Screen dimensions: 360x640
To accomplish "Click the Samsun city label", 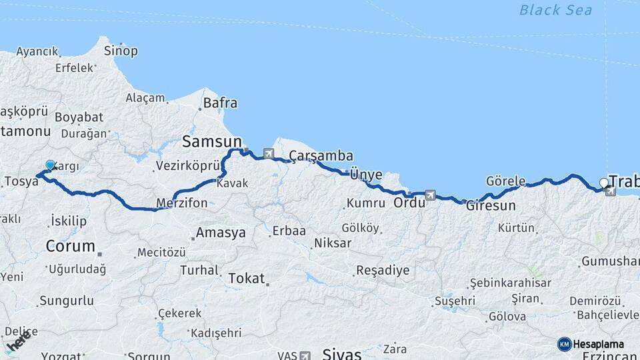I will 212,141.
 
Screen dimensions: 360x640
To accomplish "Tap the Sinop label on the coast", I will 121,51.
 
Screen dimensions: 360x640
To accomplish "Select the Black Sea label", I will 555,9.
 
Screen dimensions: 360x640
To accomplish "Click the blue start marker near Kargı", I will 51,165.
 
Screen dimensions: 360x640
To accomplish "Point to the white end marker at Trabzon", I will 604,182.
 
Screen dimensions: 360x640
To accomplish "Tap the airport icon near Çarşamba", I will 268,153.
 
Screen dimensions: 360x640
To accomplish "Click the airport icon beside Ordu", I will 431,195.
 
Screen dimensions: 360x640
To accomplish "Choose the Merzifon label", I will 181,203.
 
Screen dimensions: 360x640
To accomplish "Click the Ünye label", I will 366,175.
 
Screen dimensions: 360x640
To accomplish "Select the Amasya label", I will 220,233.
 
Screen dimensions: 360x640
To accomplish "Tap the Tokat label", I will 246,278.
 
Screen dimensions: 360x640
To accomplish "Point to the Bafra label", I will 220,103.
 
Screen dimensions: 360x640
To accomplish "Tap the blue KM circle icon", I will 564,344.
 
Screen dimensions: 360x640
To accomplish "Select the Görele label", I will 506,181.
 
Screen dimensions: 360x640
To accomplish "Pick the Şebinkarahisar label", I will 510,283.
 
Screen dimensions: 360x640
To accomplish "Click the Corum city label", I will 70,246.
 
